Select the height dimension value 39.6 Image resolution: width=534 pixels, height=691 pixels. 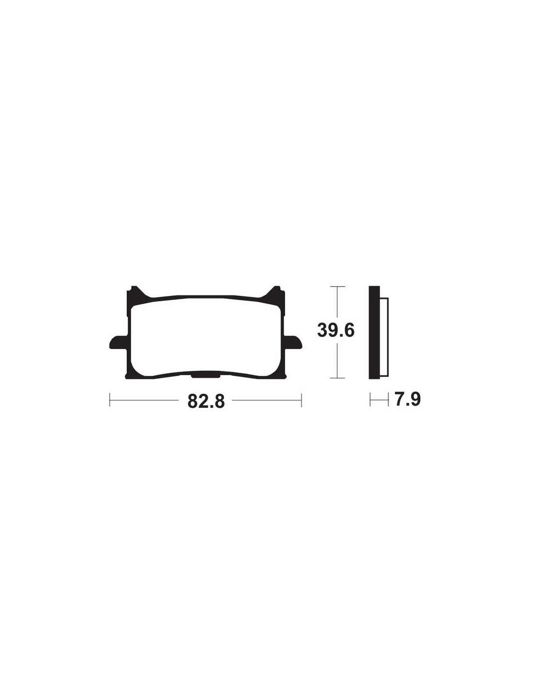[335, 331]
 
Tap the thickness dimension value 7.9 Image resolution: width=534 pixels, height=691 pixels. [407, 400]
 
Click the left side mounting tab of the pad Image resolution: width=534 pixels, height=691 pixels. [117, 343]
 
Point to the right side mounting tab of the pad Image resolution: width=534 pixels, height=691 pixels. [293, 343]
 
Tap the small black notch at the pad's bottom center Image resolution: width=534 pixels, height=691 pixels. [206, 376]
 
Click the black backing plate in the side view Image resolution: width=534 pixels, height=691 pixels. [374, 332]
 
